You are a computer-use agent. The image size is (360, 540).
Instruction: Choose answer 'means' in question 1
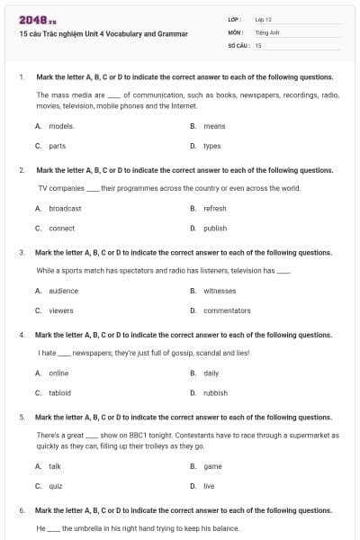(214, 126)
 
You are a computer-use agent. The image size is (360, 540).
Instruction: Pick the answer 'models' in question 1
(61, 126)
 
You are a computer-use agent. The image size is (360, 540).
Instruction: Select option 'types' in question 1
(212, 146)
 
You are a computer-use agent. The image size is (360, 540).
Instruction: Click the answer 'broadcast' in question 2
(65, 208)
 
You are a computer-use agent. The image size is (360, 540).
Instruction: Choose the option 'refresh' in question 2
(215, 208)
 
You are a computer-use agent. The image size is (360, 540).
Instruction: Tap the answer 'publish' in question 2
(215, 229)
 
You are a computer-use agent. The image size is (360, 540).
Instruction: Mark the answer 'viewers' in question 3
(61, 310)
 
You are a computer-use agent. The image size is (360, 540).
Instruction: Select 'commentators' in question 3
(227, 310)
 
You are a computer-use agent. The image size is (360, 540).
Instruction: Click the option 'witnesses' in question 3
(220, 291)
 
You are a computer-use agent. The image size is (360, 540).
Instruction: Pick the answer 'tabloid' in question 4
(60, 392)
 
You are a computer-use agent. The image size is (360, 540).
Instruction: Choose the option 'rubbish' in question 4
(216, 392)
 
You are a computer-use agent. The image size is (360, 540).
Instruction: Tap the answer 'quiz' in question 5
(56, 486)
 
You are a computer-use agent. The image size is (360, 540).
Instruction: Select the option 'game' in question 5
(212, 466)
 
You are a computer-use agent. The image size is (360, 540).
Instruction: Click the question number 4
(22, 335)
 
